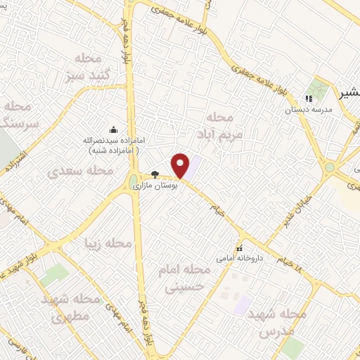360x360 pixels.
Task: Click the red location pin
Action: [x=181, y=165]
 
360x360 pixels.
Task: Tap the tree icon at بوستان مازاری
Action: [x=155, y=175]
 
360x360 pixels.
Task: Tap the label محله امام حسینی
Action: [x=188, y=278]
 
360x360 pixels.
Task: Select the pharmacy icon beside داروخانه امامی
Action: [x=240, y=248]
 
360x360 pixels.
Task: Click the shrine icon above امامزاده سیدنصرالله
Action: [x=113, y=129]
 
